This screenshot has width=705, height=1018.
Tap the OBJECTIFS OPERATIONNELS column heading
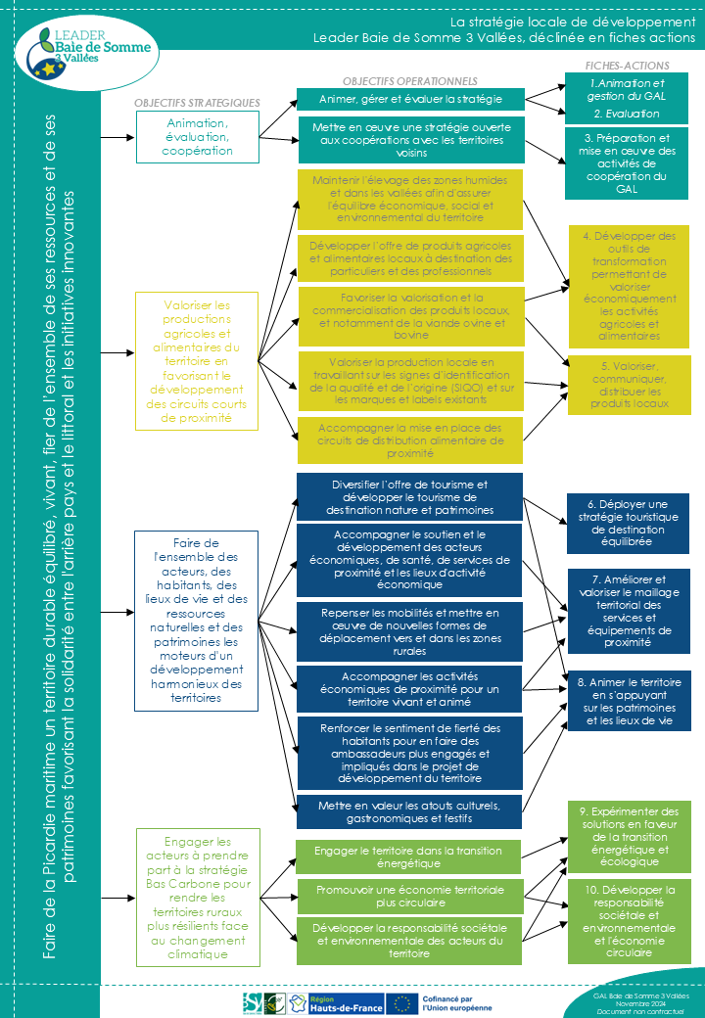click(x=410, y=81)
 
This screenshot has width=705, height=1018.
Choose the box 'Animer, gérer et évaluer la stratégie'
click(x=410, y=99)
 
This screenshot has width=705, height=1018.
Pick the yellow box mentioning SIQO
click(x=410, y=381)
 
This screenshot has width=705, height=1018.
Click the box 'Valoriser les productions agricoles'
click(x=197, y=360)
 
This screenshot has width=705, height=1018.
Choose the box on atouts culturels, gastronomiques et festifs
click(x=410, y=811)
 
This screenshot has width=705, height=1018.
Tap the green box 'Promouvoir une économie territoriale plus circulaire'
click(x=410, y=896)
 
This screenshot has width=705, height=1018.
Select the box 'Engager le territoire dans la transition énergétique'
click(x=410, y=856)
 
